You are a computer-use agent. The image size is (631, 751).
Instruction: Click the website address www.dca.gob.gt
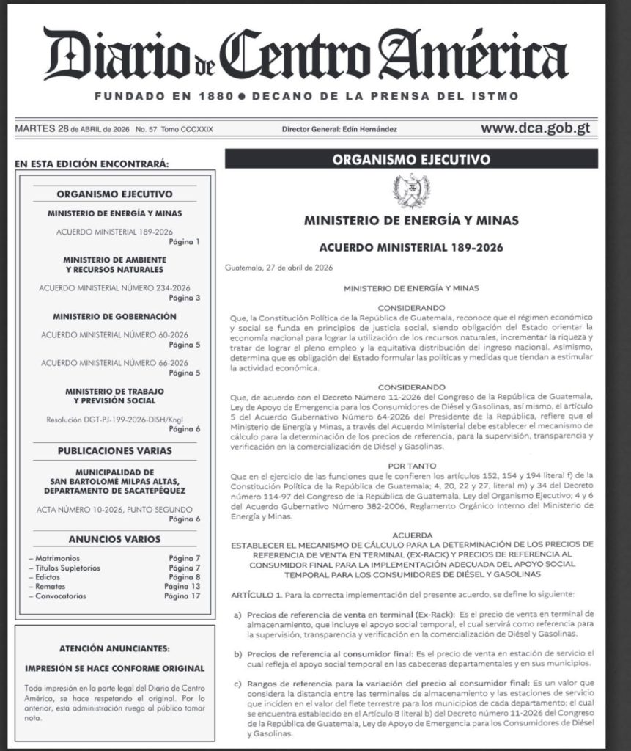535,128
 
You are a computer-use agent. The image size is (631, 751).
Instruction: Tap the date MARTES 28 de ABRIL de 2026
71,129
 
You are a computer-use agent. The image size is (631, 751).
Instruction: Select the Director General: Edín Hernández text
339,129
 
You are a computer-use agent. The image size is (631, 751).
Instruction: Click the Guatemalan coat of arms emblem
410,191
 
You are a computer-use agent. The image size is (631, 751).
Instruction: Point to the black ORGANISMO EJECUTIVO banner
410,159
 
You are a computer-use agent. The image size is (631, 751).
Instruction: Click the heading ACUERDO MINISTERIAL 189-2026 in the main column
411,248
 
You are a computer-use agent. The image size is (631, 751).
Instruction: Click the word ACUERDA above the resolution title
410,535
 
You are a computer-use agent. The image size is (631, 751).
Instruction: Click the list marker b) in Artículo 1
237,653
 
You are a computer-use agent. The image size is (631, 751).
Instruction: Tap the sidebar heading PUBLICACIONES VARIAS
114,450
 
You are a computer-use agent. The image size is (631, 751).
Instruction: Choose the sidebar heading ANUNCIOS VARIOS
114,539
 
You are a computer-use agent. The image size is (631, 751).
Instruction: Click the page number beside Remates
182,587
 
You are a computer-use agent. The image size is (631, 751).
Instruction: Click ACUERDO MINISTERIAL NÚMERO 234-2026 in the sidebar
114,288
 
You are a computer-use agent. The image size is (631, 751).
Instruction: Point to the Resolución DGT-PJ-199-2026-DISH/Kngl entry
114,419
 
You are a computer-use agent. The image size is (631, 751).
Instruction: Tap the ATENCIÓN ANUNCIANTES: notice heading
114,648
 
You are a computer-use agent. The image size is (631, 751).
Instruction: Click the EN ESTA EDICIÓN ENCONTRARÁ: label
92,163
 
